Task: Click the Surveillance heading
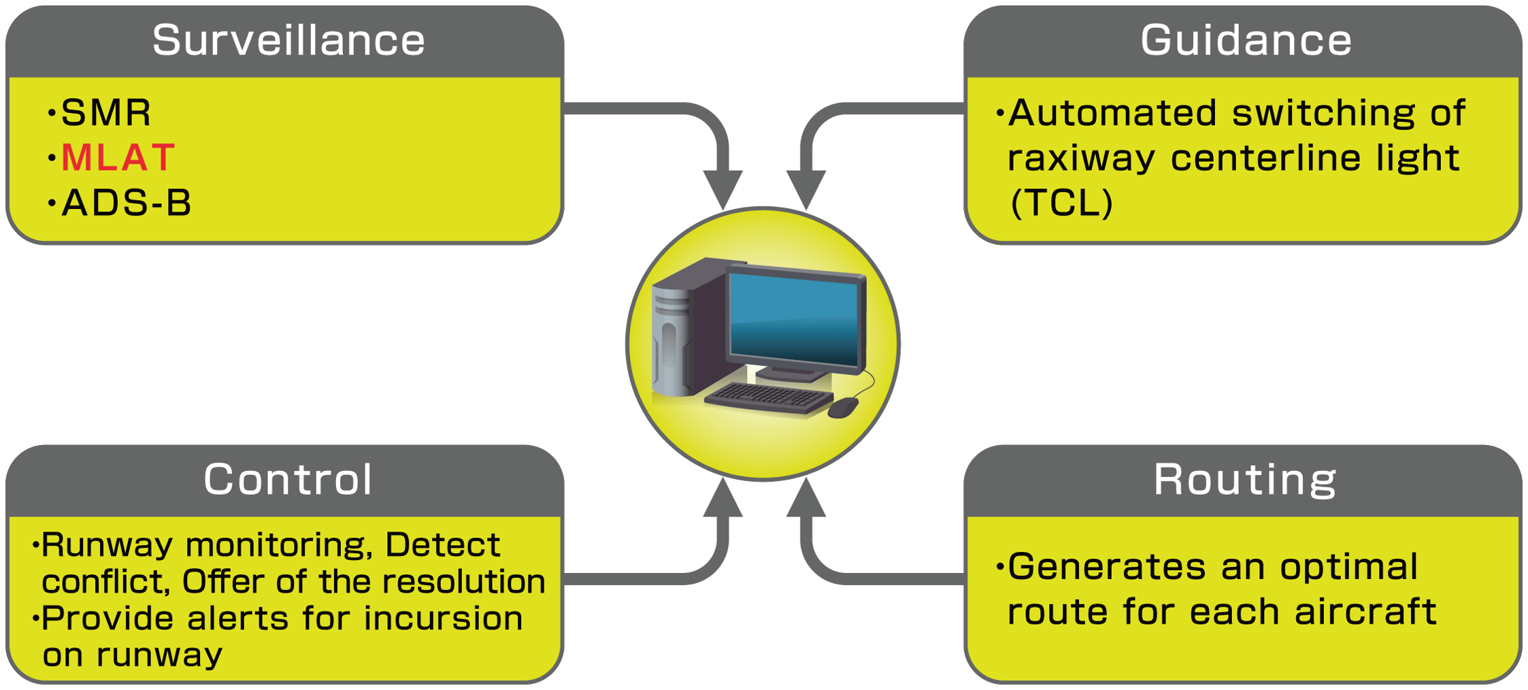tap(288, 41)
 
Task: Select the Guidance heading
tap(1246, 41)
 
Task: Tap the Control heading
tap(288, 480)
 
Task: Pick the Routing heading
tap(1245, 480)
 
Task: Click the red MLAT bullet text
tap(118, 158)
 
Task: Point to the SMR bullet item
tap(106, 113)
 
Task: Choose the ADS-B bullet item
tap(127, 203)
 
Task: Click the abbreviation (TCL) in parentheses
tap(1061, 203)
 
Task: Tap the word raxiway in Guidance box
tap(1081, 159)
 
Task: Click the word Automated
tap(1112, 113)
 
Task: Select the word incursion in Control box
tap(443, 619)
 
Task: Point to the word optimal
tap(1348, 567)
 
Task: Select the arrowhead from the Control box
tap(723, 499)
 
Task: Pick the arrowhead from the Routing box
tap(806, 499)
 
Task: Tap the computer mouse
tap(844, 407)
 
